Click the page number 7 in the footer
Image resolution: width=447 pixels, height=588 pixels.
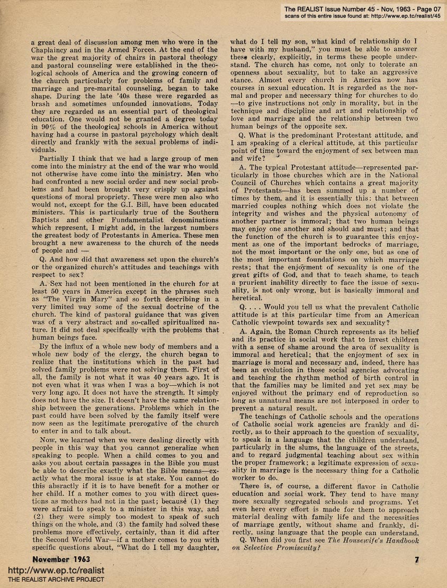coord(417,559)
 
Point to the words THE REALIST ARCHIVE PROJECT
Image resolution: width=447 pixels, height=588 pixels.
coord(52,580)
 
